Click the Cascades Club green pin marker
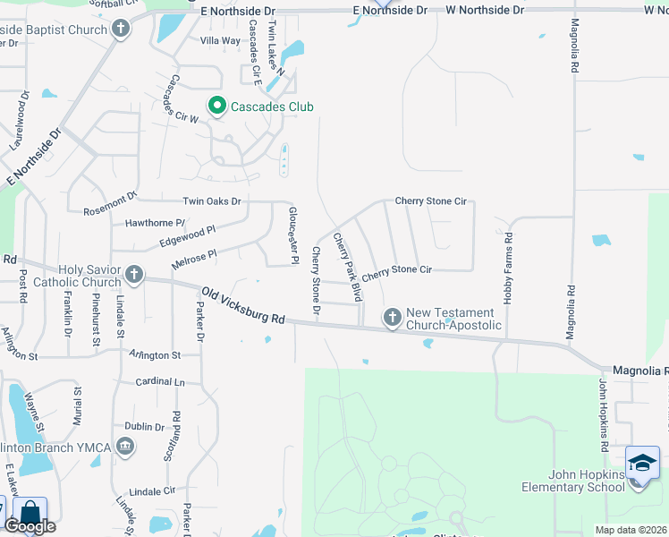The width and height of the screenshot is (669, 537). pos(216,107)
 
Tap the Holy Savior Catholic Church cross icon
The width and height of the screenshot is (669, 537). pos(133,275)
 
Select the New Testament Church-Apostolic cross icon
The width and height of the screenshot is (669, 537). pos(392,317)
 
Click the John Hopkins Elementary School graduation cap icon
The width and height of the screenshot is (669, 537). pos(642,464)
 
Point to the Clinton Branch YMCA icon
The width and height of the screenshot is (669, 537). pos(125,446)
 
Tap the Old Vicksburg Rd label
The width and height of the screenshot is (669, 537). pos(242,305)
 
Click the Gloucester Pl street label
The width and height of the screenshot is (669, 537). pos(292,235)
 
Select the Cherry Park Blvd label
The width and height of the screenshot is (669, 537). pos(347,266)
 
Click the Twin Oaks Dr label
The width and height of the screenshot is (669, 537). pos(212,201)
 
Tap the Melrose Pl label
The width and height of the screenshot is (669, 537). pos(193,259)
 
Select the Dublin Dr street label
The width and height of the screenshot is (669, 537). pos(144,427)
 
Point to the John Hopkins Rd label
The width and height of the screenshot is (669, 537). pos(605,414)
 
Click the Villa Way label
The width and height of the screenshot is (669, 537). pos(220,41)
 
